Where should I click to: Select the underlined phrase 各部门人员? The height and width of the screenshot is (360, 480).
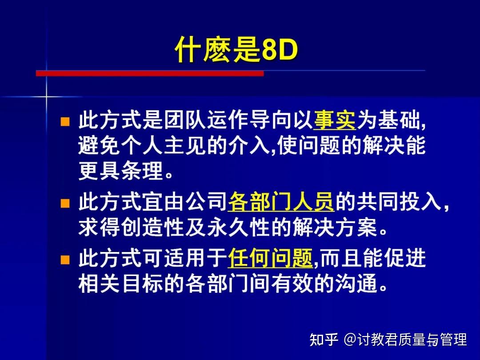(x=281, y=203)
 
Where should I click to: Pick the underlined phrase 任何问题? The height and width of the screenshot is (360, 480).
(x=271, y=259)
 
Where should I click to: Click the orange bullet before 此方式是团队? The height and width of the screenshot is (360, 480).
(x=65, y=121)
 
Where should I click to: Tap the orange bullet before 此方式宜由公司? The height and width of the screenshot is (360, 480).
(x=65, y=204)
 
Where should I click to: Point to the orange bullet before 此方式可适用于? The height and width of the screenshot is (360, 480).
(x=65, y=259)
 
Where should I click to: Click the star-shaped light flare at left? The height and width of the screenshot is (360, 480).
(x=46, y=96)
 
